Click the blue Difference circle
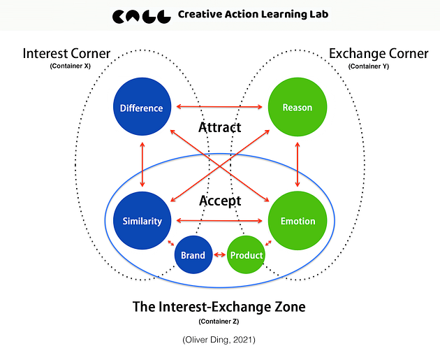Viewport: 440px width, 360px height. [142, 108]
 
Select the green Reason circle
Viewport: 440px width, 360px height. [298, 108]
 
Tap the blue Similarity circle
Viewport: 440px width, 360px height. [142, 221]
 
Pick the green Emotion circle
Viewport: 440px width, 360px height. [298, 221]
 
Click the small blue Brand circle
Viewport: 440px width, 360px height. [193, 255]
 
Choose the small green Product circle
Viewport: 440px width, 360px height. [247, 255]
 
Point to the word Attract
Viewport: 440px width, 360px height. [220, 127]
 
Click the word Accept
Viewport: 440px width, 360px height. [220, 201]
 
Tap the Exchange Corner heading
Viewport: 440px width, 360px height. [378, 54]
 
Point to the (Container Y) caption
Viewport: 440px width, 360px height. [368, 66]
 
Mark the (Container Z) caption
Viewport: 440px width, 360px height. [219, 322]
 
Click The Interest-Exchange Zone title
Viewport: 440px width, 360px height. [219, 306]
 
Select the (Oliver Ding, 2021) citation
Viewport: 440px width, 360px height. [219, 340]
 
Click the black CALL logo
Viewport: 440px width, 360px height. [141, 15]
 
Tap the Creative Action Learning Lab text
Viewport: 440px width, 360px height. [252, 14]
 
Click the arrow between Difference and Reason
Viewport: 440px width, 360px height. [219, 107]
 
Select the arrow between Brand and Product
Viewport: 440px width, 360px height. [219, 255]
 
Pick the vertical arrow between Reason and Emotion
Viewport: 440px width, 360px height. [298, 164]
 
